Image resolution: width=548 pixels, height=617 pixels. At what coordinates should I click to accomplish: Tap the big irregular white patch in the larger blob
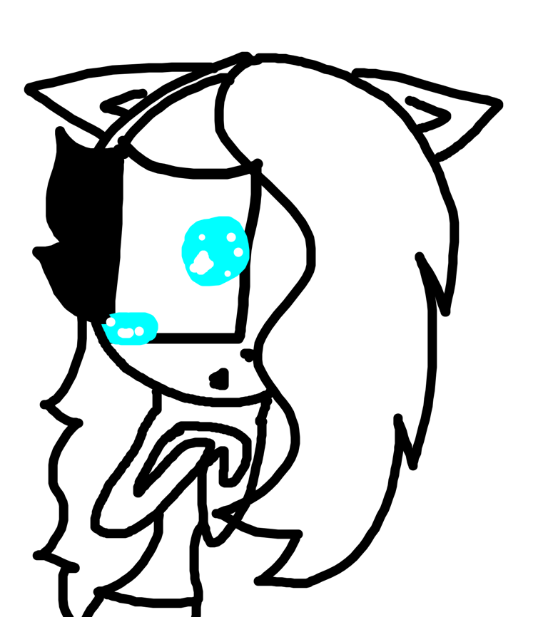click(x=202, y=264)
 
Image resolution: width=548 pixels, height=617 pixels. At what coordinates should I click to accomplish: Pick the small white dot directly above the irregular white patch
click(x=202, y=237)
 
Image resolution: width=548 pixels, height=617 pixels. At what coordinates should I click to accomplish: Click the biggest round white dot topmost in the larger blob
click(x=231, y=237)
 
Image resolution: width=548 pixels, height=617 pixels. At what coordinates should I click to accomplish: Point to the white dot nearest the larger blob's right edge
click(x=238, y=252)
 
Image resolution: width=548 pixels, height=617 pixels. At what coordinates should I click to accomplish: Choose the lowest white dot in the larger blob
click(x=228, y=274)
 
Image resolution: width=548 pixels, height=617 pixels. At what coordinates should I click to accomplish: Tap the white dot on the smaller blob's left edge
click(x=111, y=322)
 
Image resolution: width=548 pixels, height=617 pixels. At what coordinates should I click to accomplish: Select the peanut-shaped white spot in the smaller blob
click(x=126, y=333)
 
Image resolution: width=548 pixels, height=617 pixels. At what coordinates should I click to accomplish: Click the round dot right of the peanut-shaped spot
click(x=139, y=331)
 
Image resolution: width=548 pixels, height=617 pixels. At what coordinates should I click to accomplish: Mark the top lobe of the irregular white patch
click(x=203, y=255)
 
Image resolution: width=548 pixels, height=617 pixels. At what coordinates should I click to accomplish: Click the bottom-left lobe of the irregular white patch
click(x=194, y=268)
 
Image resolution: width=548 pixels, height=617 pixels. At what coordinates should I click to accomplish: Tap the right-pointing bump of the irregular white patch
click(x=210, y=264)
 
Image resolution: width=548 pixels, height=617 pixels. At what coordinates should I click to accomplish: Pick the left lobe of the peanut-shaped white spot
click(x=122, y=333)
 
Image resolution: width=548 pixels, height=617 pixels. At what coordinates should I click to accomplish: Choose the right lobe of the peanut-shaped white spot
click(x=129, y=333)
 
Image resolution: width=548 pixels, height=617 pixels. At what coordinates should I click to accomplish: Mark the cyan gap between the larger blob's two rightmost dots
click(x=235, y=245)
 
